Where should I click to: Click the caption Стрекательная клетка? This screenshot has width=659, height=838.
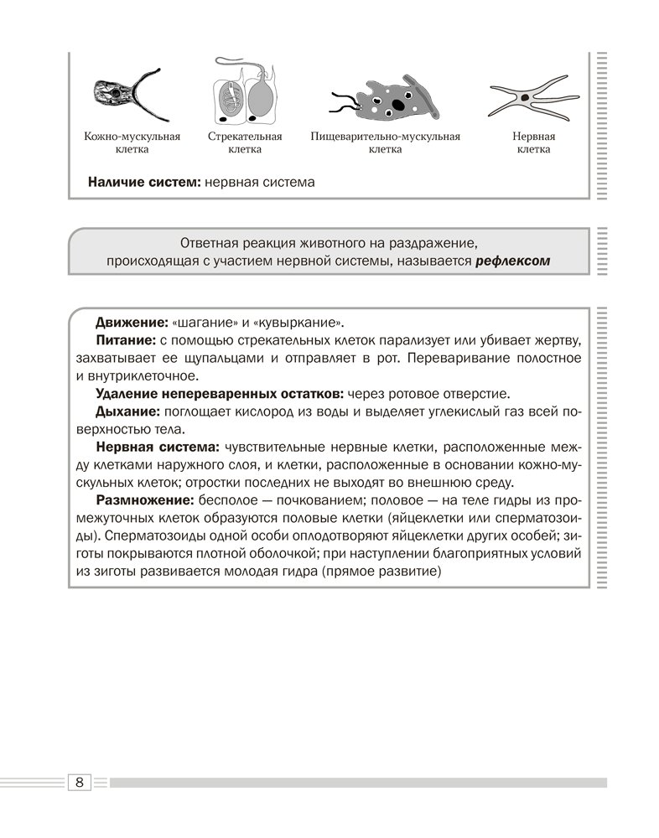tap(244, 142)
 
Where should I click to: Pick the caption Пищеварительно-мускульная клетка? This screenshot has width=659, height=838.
tap(385, 142)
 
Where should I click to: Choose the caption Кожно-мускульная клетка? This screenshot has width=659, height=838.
tap(132, 142)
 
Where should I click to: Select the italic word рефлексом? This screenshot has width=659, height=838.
tap(512, 261)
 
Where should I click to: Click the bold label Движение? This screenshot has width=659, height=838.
tap(132, 323)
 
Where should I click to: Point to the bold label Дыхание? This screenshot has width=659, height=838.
tap(128, 411)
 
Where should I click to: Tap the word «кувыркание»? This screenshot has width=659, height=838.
tap(295, 323)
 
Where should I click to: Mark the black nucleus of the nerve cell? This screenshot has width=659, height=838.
tap(525, 97)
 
